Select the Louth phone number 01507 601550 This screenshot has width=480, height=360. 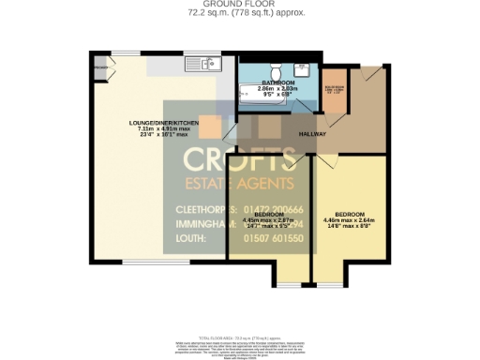coord(270,239)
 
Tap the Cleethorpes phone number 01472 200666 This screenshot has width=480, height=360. coord(270,207)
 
